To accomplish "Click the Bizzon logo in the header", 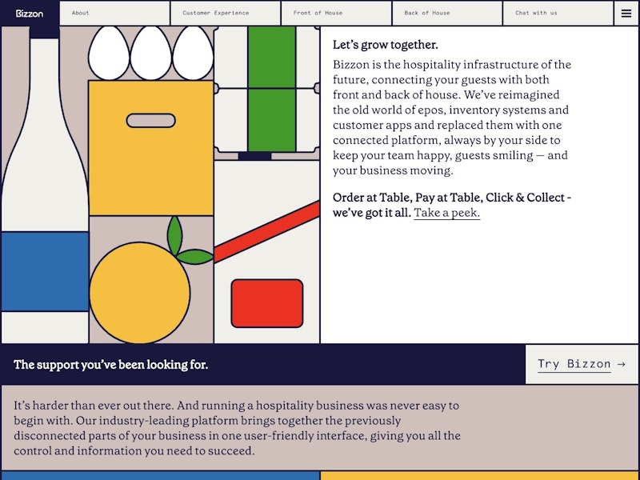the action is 30,14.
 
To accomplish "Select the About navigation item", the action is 81,13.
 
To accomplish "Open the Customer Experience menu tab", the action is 215,13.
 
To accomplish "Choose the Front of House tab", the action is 318,13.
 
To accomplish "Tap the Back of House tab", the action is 427,13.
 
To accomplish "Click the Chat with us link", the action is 536,13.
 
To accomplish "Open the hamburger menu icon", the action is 626,14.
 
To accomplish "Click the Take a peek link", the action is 446,213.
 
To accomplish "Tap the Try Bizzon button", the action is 582,364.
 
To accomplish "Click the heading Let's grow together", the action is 386,45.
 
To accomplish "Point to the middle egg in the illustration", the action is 150,53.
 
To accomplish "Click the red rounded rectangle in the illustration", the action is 267,303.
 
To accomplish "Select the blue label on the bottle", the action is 45,271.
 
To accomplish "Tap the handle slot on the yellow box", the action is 151,121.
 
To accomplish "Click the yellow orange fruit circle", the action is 139,293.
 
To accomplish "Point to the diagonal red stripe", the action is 267,232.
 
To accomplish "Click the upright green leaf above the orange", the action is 174,235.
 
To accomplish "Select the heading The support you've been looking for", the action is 110,365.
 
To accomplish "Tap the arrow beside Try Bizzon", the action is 622,364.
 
